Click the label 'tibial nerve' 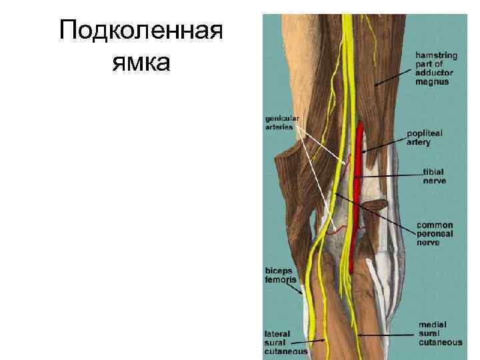434,176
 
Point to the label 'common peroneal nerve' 435,234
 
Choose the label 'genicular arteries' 283,123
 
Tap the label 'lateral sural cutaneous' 285,342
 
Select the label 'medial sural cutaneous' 440,333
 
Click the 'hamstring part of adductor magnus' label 434,68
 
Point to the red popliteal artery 361,167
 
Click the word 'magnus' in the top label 433,82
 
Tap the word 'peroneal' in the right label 435,234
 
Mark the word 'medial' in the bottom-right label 433,324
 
